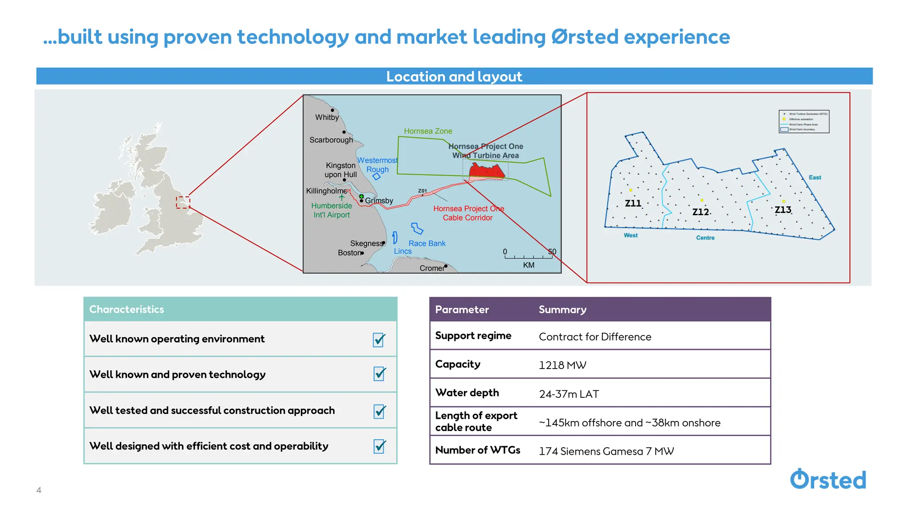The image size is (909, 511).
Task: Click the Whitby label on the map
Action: (x=327, y=118)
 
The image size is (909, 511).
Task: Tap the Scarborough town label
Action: (x=331, y=140)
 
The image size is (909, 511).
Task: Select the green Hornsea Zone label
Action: (x=428, y=131)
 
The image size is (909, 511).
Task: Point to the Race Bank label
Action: (x=427, y=244)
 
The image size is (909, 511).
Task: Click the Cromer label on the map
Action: (x=431, y=268)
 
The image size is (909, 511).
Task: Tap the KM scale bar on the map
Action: (x=528, y=256)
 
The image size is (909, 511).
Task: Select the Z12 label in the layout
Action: (x=700, y=212)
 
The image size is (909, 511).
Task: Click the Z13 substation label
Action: (x=783, y=210)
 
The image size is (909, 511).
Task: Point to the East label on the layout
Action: (x=814, y=177)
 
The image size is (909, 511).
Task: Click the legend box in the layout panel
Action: (x=804, y=122)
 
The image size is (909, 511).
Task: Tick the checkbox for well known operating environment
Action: (x=379, y=340)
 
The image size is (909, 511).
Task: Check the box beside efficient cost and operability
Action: (x=379, y=446)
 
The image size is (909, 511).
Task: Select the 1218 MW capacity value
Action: (x=562, y=365)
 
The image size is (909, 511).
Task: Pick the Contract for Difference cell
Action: (x=595, y=337)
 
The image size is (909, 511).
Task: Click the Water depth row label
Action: (x=467, y=393)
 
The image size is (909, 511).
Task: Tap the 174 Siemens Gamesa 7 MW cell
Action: (x=606, y=451)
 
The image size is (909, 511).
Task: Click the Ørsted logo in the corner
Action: (x=828, y=480)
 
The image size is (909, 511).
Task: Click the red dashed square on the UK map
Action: (x=182, y=202)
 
